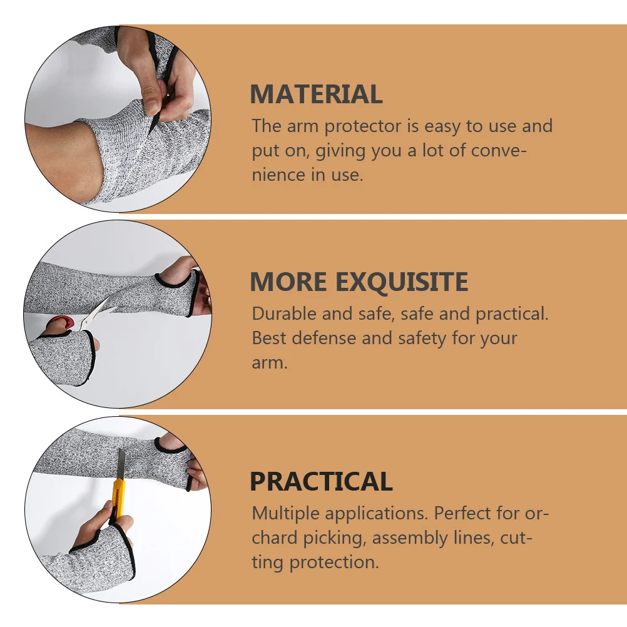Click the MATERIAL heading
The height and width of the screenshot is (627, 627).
pos(316,94)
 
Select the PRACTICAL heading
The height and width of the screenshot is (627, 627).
pos(321,482)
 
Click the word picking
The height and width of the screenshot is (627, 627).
pos(335,538)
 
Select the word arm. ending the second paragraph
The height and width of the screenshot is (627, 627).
pos(270,363)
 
